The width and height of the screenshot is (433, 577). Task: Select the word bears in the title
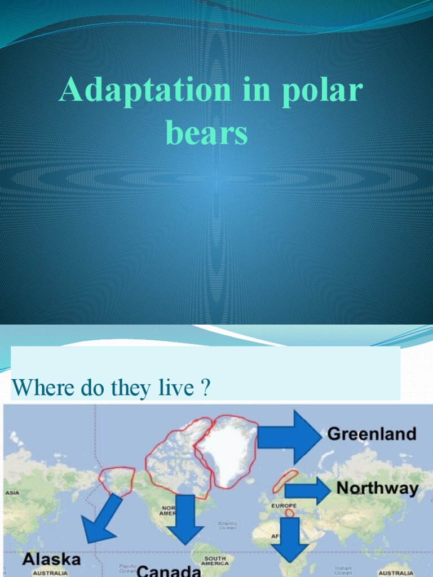[x=207, y=134]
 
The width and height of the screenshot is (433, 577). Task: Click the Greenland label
[x=372, y=434]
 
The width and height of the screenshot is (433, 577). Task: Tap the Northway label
[x=377, y=488]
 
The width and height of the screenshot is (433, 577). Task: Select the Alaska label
[x=51, y=560]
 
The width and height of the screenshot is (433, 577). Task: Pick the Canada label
[x=169, y=571]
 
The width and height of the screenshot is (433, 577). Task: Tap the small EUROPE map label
[x=284, y=505]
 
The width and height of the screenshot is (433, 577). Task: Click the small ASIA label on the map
[x=12, y=492]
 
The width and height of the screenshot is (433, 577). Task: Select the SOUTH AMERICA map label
[x=215, y=561]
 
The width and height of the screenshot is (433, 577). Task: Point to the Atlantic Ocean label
[x=228, y=526]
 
